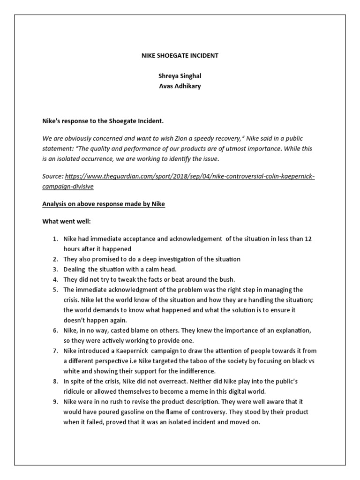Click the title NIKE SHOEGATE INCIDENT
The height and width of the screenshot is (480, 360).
180,55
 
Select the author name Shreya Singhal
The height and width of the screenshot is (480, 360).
180,76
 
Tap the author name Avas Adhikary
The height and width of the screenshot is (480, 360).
180,86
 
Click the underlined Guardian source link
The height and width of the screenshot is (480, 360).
190,176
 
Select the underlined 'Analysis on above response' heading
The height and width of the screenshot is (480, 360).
104,204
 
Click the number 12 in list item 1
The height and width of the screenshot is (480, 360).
308,239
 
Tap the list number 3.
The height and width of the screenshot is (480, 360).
55,269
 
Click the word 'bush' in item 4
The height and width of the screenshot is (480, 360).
226,279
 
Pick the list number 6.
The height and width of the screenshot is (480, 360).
55,330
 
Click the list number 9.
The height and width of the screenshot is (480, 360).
55,402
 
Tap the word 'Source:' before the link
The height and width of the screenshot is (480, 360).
52,176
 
